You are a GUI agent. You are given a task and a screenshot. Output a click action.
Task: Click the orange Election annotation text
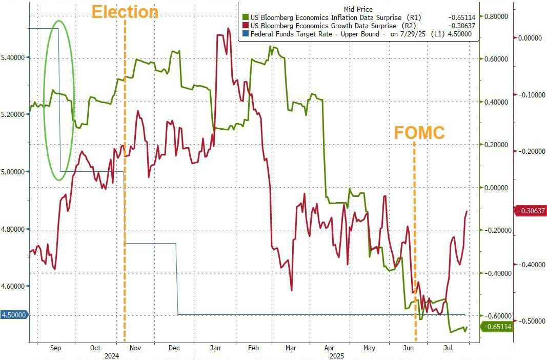[125, 11]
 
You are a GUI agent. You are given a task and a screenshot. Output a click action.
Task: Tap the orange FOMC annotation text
[419, 132]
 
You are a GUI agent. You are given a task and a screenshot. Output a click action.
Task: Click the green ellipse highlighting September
[59, 101]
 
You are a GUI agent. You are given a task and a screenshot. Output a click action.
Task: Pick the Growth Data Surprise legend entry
[333, 26]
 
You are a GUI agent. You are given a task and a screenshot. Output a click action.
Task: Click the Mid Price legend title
[358, 9]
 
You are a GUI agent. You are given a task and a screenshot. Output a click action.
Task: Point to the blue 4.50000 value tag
[14, 315]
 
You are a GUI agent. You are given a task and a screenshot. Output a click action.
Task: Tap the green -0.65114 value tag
[496, 326]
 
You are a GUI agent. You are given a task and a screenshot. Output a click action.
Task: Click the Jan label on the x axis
[215, 348]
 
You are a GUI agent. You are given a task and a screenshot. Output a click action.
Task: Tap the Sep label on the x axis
[56, 348]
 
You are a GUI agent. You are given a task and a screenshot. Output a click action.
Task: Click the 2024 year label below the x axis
[112, 355]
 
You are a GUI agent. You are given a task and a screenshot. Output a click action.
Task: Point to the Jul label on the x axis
[447, 348]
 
